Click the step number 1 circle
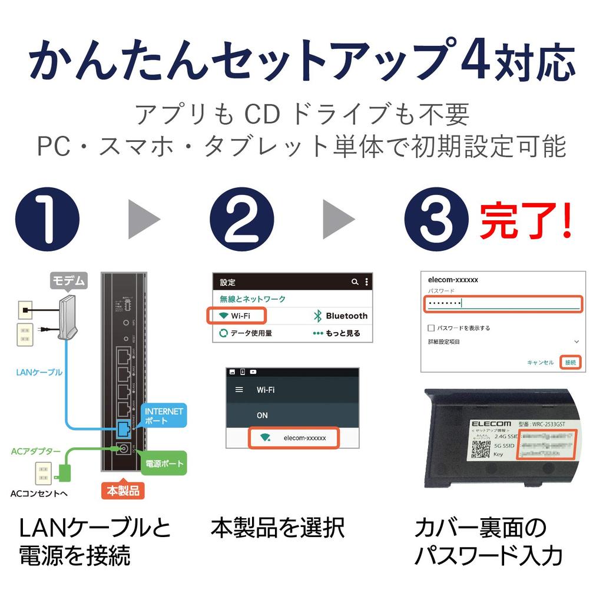pos(47,219)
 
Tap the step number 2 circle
pos(241,219)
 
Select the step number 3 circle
pos(436,219)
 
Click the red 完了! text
pos(525,221)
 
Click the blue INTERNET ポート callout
pos(164,416)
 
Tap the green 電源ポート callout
pos(164,463)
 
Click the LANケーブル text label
pos(39,372)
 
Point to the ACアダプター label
pos(36,452)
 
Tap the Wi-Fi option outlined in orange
pos(237,316)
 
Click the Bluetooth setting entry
pos(340,316)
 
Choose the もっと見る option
pos(336,333)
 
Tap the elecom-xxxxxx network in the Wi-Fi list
pos(293,438)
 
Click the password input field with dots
pos(502,303)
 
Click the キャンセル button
pos(540,362)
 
